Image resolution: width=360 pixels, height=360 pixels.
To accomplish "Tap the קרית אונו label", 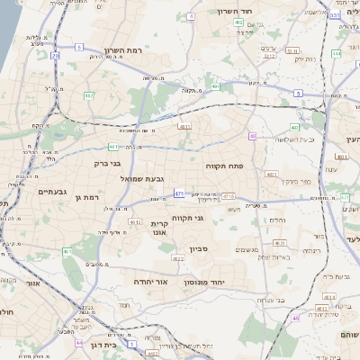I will click(x=158, y=228).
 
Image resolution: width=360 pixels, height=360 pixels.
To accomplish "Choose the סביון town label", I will click(x=198, y=249).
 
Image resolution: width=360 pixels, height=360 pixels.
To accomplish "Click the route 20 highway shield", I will click(x=55, y=56).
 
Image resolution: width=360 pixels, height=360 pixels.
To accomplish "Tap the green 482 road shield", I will click(x=88, y=94).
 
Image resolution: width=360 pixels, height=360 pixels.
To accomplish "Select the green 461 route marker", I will click(x=66, y=251).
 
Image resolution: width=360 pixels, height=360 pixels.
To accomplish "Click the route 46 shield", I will click(x=295, y=318).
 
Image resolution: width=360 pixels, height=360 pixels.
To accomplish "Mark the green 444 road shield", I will click(x=336, y=54).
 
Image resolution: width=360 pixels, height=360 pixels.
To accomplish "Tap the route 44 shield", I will click(x=79, y=343).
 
